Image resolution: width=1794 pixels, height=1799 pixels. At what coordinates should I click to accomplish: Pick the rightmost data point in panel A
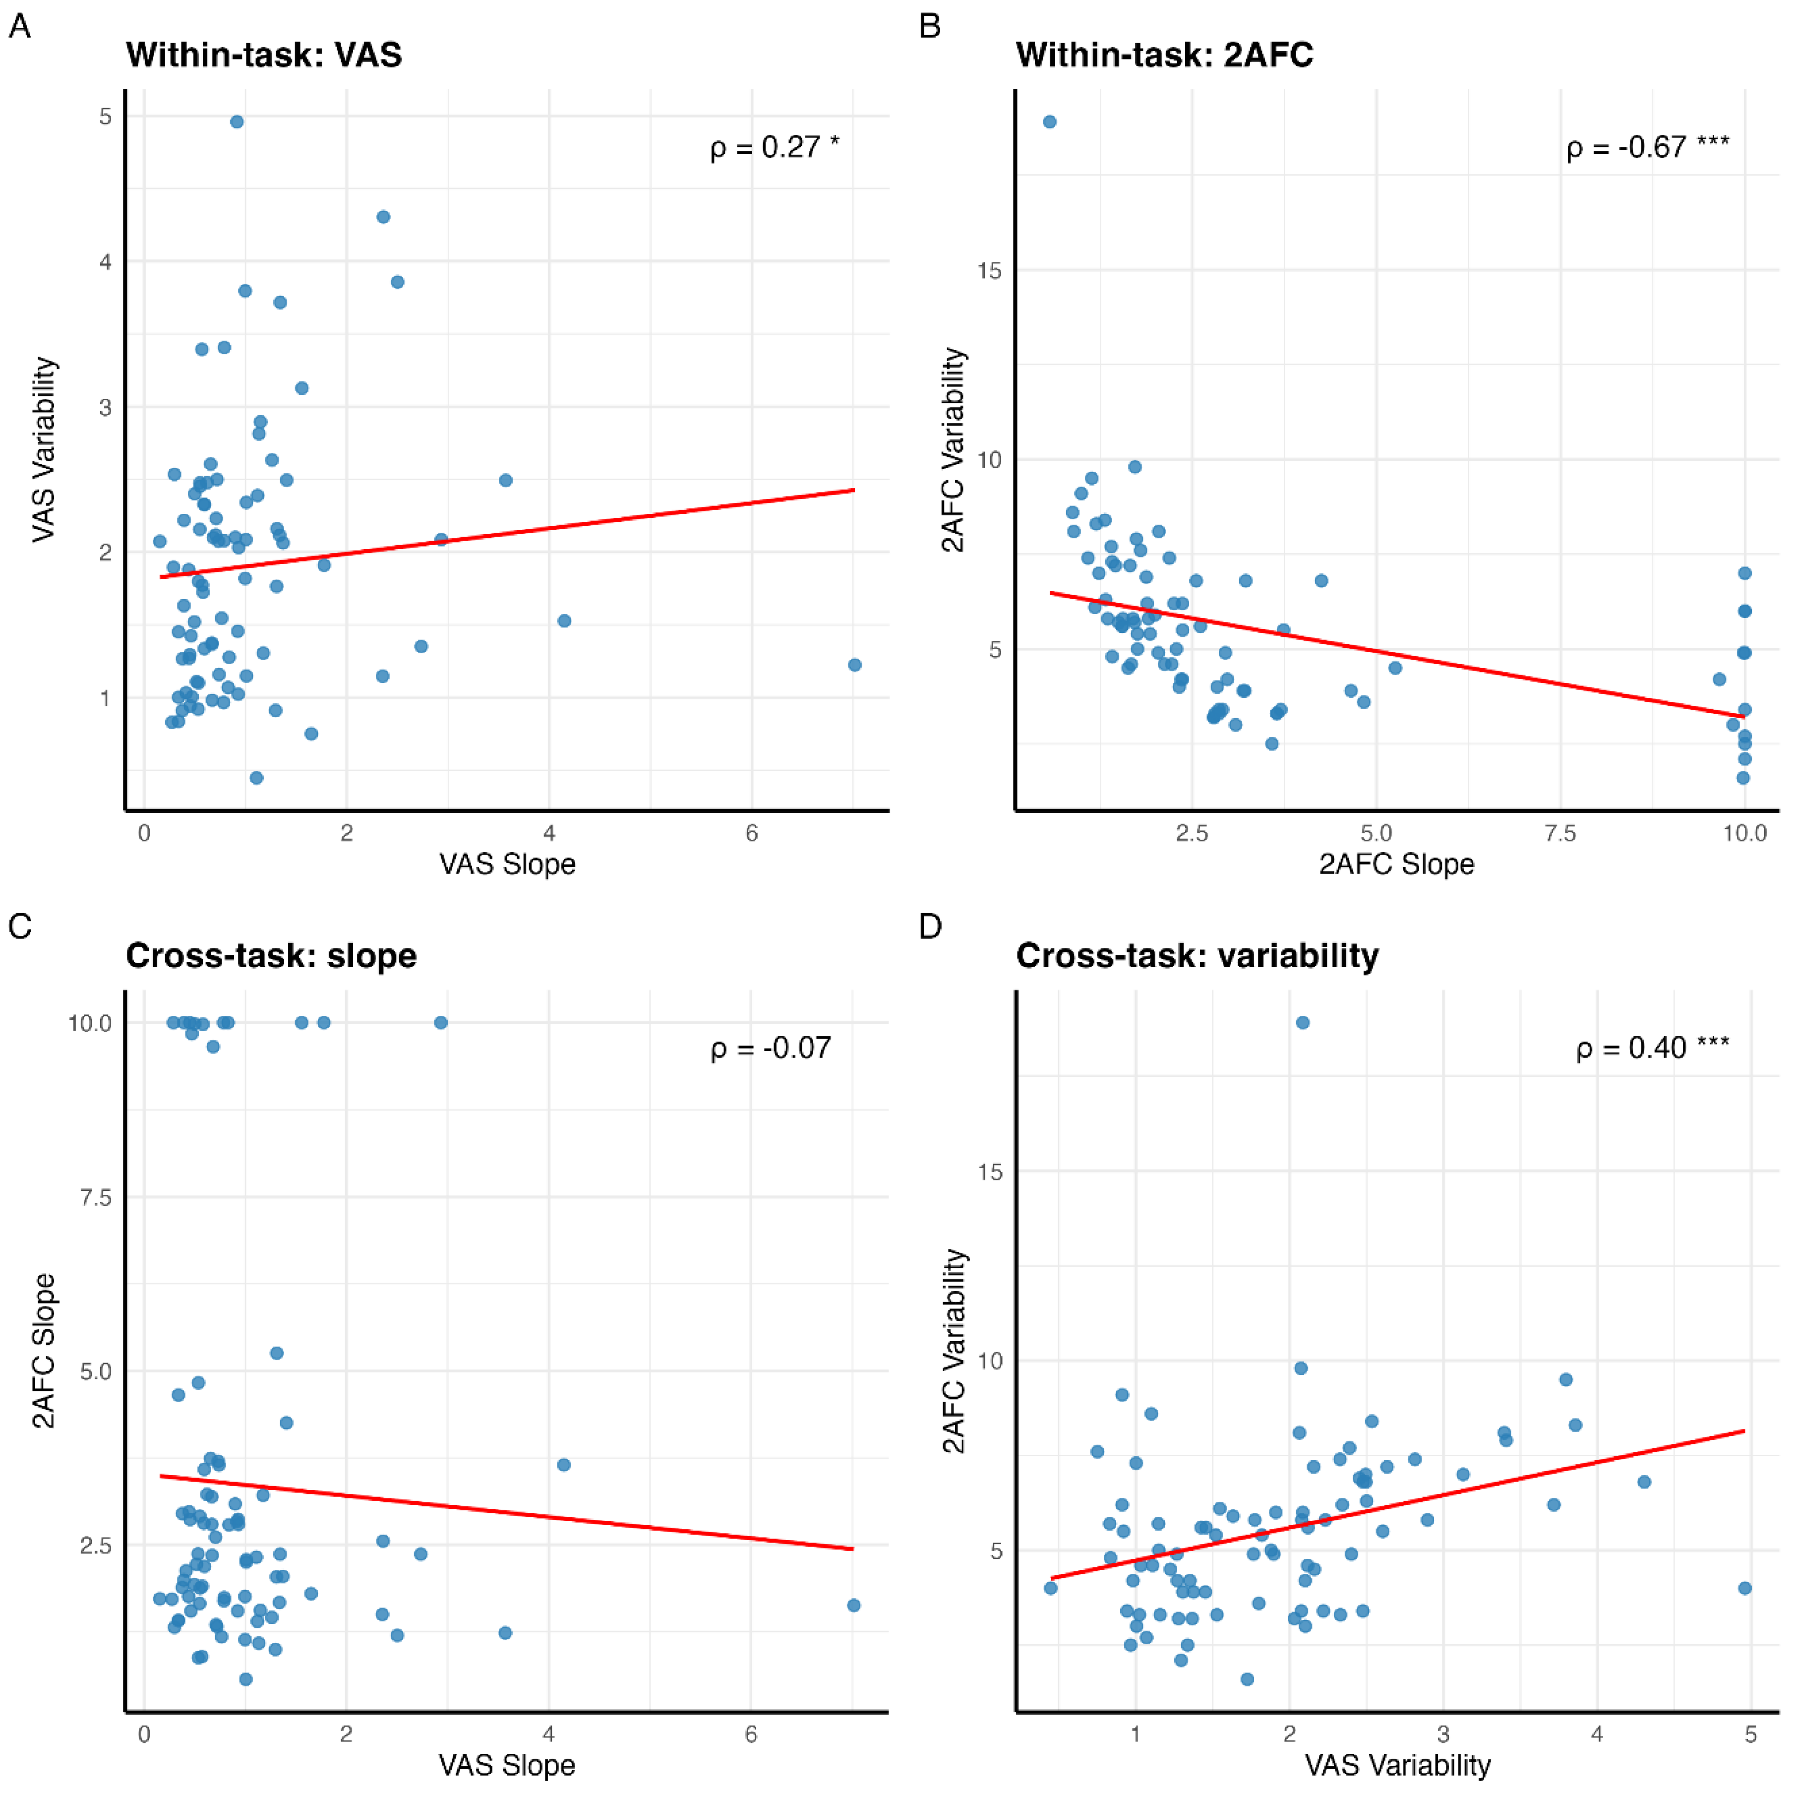click(x=855, y=665)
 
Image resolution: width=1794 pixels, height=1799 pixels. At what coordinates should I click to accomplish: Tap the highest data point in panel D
click(x=1303, y=1022)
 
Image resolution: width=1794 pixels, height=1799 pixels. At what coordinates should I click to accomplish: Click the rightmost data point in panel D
click(x=1744, y=1589)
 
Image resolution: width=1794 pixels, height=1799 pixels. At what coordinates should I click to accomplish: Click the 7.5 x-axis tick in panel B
click(x=1560, y=833)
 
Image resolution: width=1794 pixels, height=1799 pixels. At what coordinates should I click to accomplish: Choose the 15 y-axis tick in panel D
click(x=990, y=1172)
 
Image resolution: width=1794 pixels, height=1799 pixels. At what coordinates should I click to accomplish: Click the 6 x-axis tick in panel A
click(x=751, y=833)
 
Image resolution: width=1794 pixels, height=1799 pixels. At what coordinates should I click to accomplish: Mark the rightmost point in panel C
click(x=854, y=1606)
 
